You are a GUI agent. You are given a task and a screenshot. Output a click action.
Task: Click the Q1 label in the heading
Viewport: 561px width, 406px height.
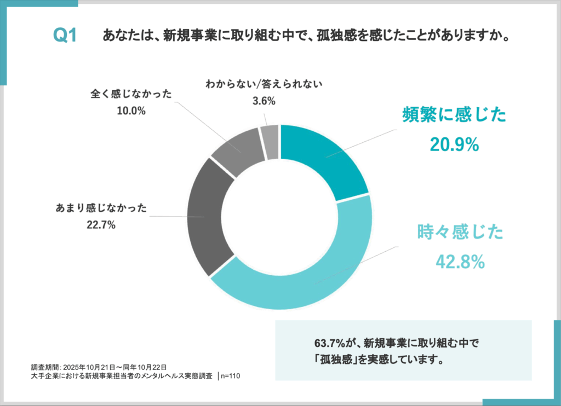65,36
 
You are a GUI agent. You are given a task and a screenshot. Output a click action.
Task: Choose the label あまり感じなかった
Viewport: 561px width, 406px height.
101,208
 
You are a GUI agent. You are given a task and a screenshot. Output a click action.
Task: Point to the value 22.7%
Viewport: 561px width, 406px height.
101,224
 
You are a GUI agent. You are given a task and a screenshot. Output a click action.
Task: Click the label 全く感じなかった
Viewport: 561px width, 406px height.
131,94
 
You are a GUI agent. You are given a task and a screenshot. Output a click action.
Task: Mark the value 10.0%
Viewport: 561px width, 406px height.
131,111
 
